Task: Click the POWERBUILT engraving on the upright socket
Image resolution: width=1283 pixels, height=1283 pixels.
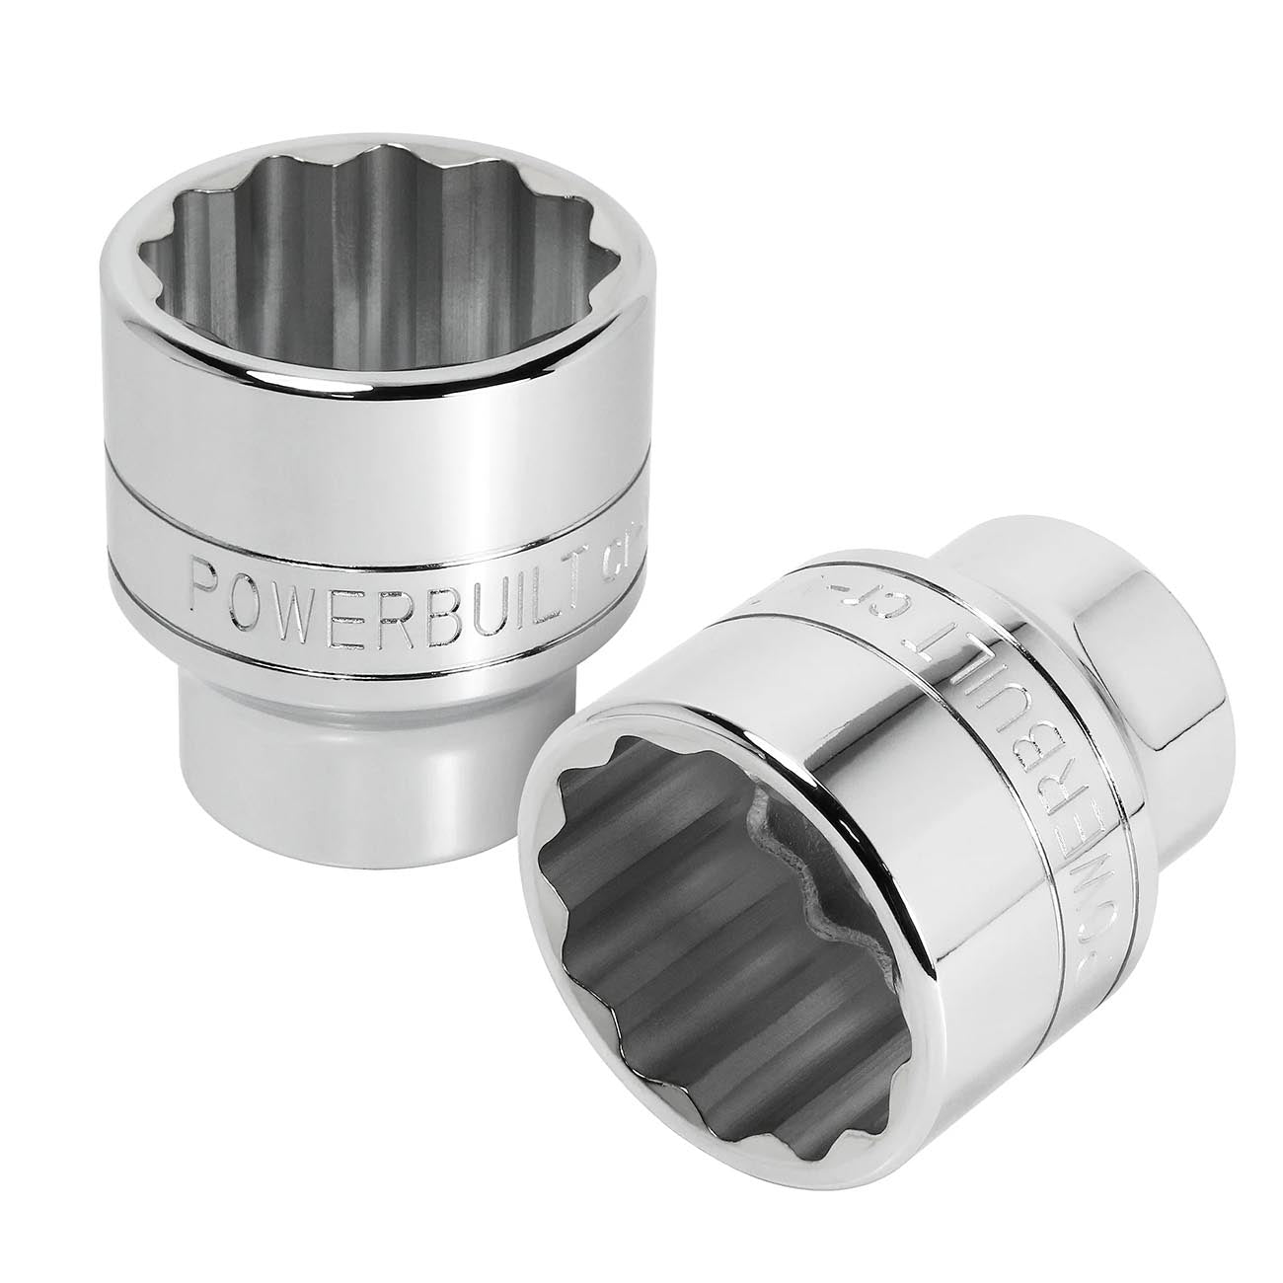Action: point(385,590)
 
